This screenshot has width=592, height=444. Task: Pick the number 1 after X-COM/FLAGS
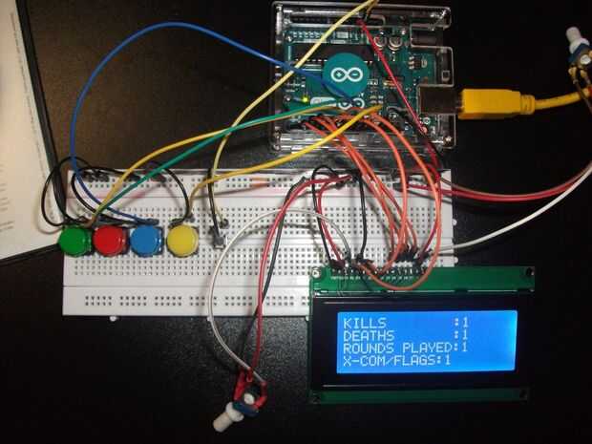point(446,361)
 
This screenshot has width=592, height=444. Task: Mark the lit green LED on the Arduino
point(304,98)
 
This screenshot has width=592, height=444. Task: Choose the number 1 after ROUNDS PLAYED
point(464,348)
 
